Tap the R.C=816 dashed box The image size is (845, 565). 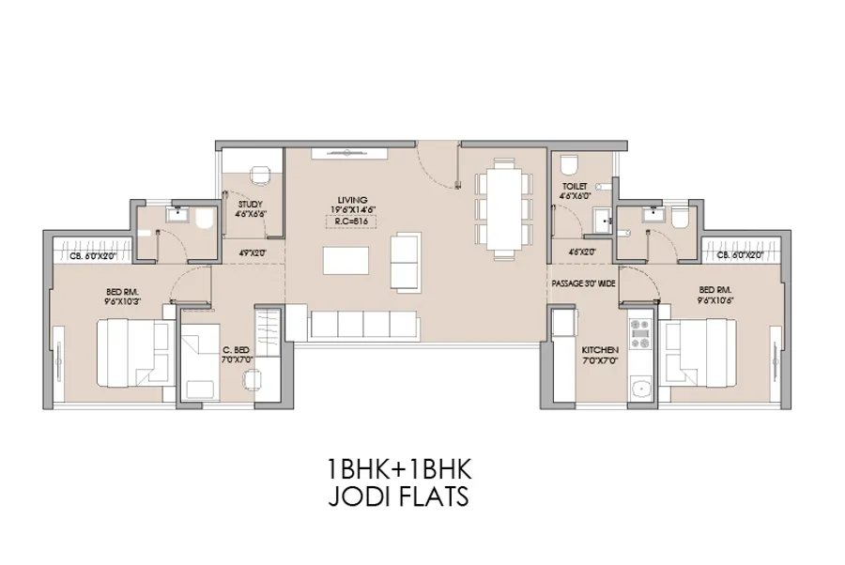349,223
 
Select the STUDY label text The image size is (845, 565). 250,204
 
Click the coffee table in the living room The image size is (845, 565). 346,258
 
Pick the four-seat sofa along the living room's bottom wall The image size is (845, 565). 363,326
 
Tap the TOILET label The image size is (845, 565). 575,187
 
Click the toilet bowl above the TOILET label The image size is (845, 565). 568,166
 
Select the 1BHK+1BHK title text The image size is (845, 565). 396,467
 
